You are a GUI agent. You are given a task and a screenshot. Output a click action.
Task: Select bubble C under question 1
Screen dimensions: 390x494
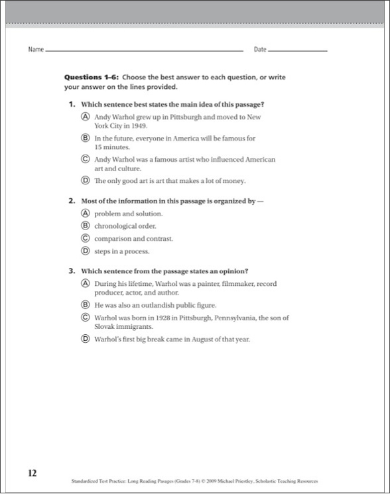[x=86, y=160]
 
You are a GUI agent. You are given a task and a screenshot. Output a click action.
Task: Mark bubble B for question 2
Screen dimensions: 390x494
[x=86, y=226]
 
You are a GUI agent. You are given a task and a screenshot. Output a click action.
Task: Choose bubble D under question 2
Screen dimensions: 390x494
[x=86, y=251]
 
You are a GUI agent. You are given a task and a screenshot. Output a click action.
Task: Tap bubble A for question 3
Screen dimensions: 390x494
[x=86, y=284]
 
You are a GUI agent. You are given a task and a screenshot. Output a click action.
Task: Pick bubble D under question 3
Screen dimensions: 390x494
[x=86, y=340]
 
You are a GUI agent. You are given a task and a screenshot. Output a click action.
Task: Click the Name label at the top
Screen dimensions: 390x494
[x=36, y=50]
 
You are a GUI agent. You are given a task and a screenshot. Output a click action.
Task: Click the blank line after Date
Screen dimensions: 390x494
[x=298, y=50]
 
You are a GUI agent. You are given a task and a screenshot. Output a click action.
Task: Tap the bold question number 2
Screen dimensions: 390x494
[x=71, y=200]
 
